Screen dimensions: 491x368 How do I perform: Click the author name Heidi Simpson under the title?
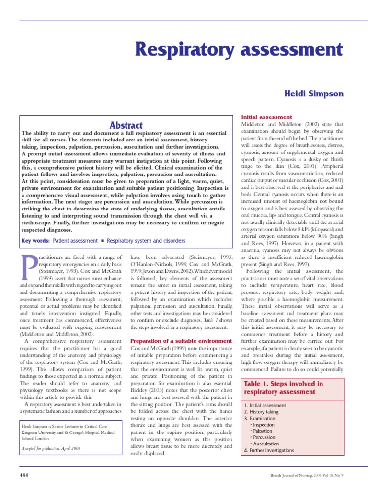tap(315, 94)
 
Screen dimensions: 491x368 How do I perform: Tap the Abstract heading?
tap(126, 125)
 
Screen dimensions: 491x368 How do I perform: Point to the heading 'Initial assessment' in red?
tap(266, 117)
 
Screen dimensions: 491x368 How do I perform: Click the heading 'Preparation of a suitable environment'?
tap(182, 341)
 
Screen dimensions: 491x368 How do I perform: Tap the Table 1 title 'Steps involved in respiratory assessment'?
tap(284, 388)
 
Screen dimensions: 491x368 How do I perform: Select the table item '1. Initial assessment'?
tap(265, 405)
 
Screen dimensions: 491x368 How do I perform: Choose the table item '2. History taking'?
tap(262, 412)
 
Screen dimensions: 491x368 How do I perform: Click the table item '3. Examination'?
tap(260, 418)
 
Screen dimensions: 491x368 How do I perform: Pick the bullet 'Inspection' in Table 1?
tap(264, 425)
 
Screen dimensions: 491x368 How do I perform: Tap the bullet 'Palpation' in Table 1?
tap(263, 431)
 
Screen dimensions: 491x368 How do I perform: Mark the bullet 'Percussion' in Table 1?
tap(264, 437)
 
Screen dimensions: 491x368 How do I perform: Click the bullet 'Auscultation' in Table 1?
tap(266, 444)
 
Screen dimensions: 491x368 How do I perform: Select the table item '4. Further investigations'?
tap(269, 450)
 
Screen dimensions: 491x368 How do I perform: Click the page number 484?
tap(24, 475)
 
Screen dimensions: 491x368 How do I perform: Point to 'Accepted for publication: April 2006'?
tap(51, 448)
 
